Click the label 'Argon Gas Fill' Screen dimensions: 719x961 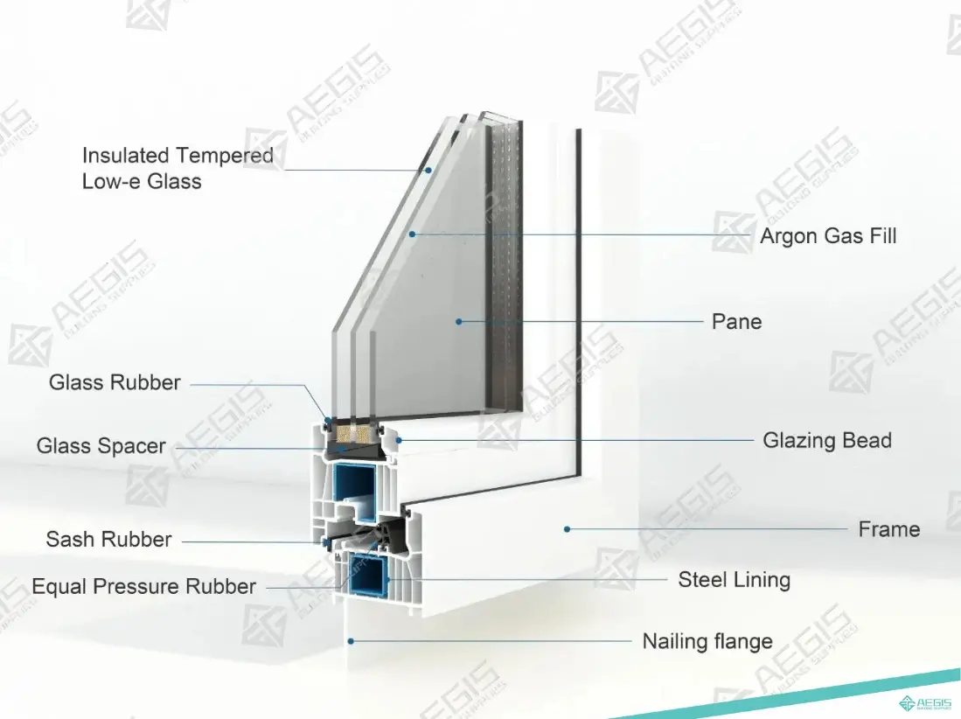tap(827, 236)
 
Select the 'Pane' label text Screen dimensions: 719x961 tap(736, 322)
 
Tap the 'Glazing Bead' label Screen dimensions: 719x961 tap(826, 440)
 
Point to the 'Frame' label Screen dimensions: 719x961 tap(888, 529)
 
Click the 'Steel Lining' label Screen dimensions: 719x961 tap(734, 580)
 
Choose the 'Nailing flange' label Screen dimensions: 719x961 tap(707, 641)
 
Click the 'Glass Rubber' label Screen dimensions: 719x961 tap(115, 382)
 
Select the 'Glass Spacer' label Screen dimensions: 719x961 tap(101, 446)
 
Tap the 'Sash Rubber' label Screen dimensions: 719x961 tap(108, 540)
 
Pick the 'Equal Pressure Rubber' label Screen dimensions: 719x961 tap(144, 586)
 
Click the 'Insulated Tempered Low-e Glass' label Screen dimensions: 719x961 tap(178, 168)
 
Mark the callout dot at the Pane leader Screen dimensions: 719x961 tap(458, 322)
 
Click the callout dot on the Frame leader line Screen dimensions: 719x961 tap(567, 528)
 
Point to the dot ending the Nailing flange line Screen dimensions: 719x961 tap(351, 641)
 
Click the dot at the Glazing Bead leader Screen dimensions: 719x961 tap(398, 440)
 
